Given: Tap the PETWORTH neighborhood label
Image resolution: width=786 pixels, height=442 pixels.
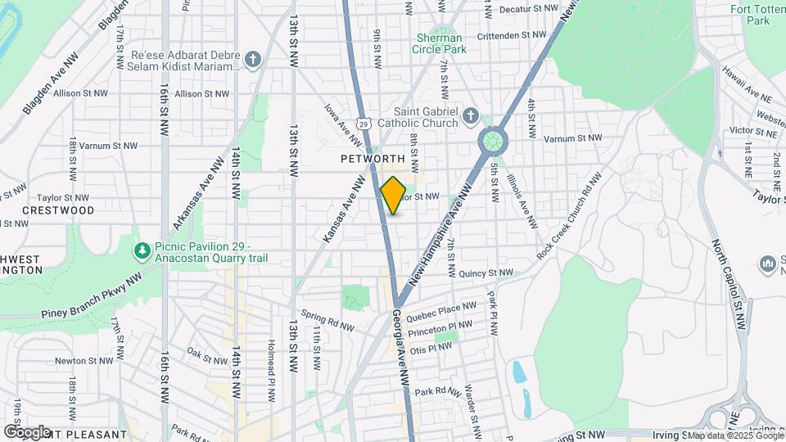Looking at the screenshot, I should pyautogui.click(x=373, y=158).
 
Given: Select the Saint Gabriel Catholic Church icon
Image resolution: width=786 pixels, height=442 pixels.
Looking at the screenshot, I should pyautogui.click(x=470, y=116).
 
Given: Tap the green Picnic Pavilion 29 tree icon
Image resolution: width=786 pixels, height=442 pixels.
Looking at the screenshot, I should pyautogui.click(x=142, y=248).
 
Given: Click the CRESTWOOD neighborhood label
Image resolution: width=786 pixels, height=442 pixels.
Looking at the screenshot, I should pyautogui.click(x=58, y=210).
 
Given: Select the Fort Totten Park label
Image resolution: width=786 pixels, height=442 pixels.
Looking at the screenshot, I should pyautogui.click(x=751, y=15).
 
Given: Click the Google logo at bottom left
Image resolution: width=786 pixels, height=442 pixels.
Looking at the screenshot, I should pyautogui.click(x=26, y=431).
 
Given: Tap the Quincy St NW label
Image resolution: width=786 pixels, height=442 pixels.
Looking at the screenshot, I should pyautogui.click(x=486, y=273).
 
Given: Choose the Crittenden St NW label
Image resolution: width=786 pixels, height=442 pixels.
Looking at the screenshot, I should pyautogui.click(x=512, y=35).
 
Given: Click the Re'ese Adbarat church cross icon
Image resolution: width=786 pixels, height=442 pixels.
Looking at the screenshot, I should pyautogui.click(x=254, y=59).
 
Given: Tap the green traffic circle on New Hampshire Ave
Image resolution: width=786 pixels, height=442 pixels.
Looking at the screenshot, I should pyautogui.click(x=493, y=141).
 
